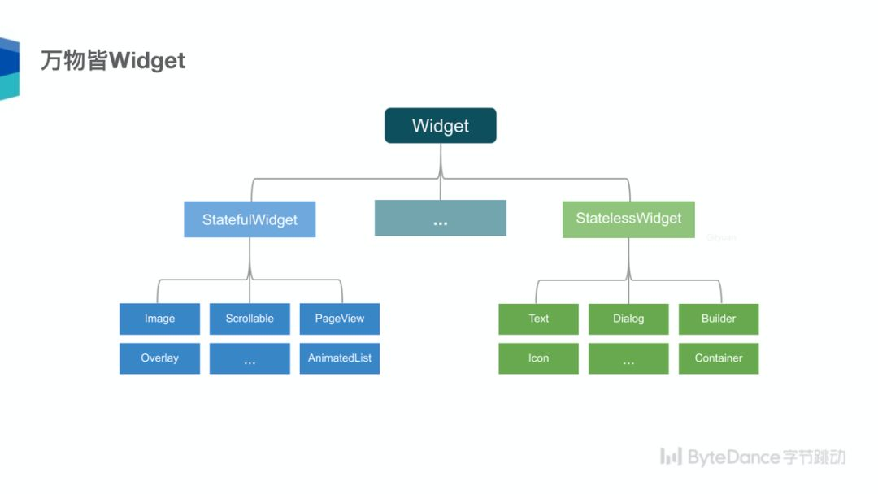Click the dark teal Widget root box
tap(440, 126)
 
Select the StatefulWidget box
tap(250, 219)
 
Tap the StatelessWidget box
tap(628, 219)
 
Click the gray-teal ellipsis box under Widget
tap(440, 219)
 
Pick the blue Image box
tap(159, 318)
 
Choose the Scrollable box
tap(250, 318)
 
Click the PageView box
tap(340, 318)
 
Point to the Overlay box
tap(159, 358)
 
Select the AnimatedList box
tap(340, 358)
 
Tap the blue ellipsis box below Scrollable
tap(250, 358)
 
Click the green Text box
tap(538, 318)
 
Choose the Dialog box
tap(628, 318)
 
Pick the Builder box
tap(719, 318)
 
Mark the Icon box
tap(538, 358)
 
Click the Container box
tap(719, 358)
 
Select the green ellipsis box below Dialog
tap(628, 358)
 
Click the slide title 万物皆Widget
tap(113, 61)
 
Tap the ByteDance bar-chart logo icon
tap(671, 457)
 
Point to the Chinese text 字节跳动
tap(814, 457)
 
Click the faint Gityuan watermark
tap(720, 237)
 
